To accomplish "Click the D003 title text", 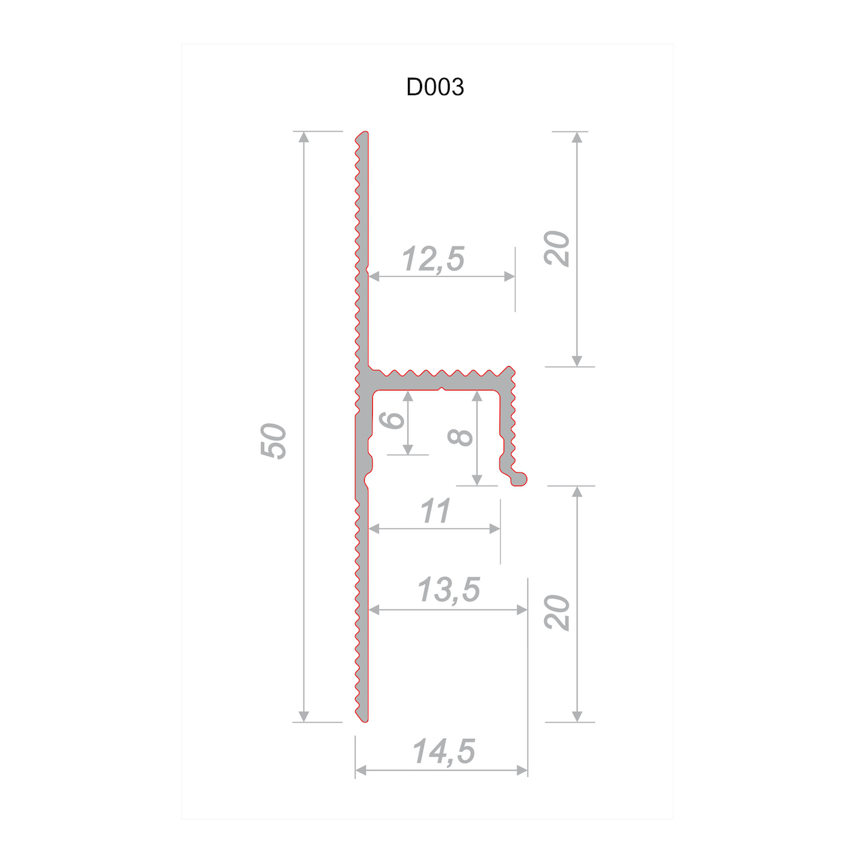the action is [x=434, y=87].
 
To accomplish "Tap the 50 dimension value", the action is [x=273, y=441].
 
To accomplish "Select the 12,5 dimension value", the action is [x=433, y=259].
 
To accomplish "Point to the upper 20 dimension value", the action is [x=556, y=249].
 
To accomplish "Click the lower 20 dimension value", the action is [x=556, y=613].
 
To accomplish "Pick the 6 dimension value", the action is [x=391, y=420].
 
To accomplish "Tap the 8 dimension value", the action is [x=460, y=438].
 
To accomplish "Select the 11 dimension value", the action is [x=435, y=511].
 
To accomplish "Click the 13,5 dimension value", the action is [x=448, y=590].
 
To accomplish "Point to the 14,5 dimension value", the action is [x=444, y=751].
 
